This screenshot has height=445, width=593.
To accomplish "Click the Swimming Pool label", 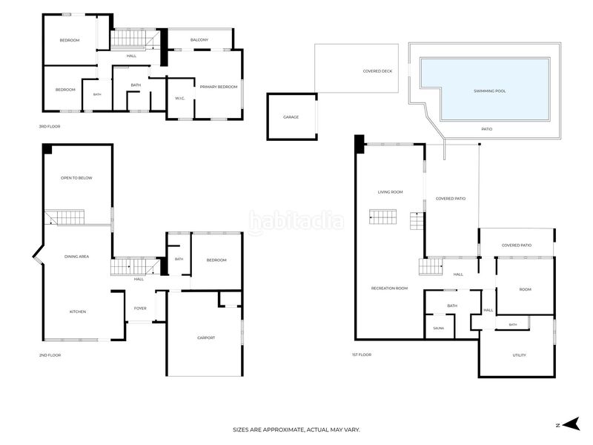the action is tap(490, 91).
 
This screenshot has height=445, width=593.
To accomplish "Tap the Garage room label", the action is tap(291, 117).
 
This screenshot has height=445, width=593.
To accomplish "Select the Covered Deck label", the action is tap(377, 71).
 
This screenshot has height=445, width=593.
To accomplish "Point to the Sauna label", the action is tap(439, 329).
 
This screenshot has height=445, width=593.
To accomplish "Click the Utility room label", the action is tap(520, 355).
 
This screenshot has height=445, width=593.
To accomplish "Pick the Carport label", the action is tap(206, 338).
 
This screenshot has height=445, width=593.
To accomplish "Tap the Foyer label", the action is tap(140, 309).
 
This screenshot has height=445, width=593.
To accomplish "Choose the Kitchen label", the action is tap(78, 311).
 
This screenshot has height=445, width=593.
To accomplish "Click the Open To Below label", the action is tap(76, 178).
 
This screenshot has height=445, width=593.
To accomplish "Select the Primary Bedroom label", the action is tap(219, 87).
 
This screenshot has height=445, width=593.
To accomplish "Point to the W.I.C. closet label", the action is tap(180, 99).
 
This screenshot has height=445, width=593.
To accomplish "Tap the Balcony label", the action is tap(199, 40).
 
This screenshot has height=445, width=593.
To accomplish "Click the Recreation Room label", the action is tap(390, 289).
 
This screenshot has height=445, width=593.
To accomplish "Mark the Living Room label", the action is tap(391, 192).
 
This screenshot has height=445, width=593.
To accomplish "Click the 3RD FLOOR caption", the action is tap(50, 126).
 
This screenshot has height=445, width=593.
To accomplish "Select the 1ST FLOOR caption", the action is tap(362, 355).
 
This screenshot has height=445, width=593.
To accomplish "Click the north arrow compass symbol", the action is tap(571, 423).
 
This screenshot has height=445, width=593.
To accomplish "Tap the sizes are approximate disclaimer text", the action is tap(296, 430).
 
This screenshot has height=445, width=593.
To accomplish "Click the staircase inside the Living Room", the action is tap(382, 217).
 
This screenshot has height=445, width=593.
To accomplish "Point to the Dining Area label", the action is tap(77, 257).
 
